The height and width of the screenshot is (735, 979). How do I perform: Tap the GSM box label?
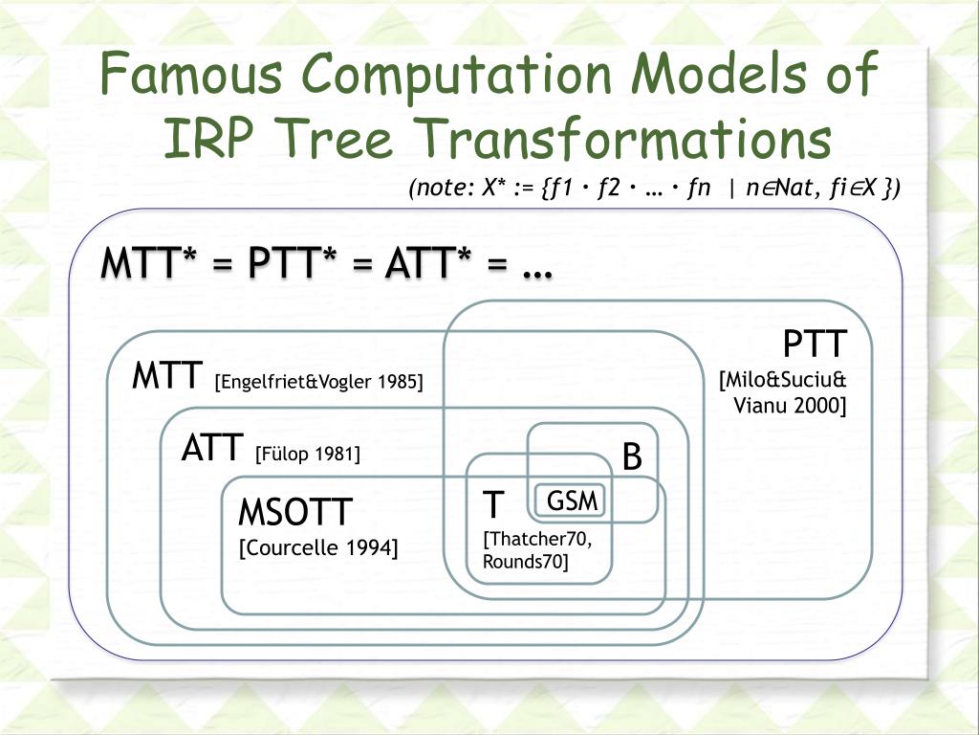(572, 501)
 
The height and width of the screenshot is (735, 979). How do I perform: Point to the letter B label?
(632, 457)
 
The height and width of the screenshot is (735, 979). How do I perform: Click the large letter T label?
(492, 503)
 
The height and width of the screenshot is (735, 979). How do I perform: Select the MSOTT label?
(295, 513)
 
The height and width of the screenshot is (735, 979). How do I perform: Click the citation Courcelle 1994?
(318, 547)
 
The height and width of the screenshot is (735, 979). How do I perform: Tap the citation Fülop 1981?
(308, 454)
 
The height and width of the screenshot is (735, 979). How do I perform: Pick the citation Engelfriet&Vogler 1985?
(319, 383)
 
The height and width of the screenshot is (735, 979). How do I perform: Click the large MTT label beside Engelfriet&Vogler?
(168, 375)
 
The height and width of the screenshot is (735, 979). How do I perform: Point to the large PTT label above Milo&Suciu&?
(815, 344)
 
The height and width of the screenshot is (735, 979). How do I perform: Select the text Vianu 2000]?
(790, 405)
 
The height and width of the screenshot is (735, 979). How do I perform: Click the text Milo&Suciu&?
(783, 381)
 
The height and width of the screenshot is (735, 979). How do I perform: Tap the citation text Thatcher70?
(538, 539)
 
